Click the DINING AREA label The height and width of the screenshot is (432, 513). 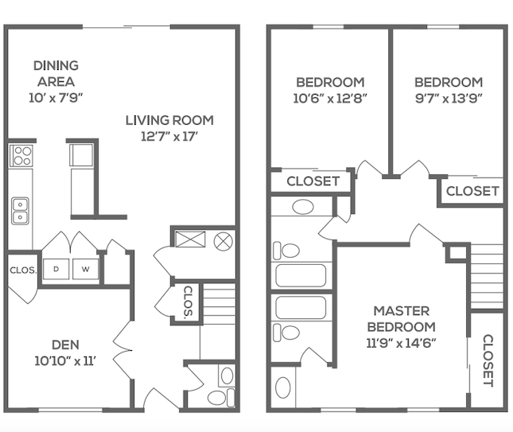(x=55, y=73)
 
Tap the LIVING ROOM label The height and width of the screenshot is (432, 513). (x=169, y=120)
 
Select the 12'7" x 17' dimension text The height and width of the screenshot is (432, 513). (x=169, y=136)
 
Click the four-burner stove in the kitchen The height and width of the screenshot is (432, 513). (x=21, y=154)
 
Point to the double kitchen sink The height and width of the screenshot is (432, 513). (x=20, y=210)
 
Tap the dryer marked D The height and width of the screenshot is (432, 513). (x=56, y=270)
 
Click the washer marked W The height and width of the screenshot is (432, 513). (x=85, y=270)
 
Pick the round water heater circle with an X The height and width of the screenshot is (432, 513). (x=223, y=239)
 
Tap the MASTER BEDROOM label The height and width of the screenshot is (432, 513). (x=402, y=318)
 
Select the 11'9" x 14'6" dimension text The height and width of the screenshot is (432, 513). (x=402, y=343)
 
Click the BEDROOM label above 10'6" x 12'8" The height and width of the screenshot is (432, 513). (x=330, y=82)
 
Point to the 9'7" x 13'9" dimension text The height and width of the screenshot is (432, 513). (x=448, y=99)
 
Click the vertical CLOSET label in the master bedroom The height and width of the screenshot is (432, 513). (x=488, y=360)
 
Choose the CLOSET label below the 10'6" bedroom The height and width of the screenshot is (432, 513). (x=313, y=181)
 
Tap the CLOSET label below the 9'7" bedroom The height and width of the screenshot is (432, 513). (x=472, y=191)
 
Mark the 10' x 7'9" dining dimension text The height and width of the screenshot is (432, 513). (x=55, y=97)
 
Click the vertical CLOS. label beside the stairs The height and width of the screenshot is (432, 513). (x=188, y=302)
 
